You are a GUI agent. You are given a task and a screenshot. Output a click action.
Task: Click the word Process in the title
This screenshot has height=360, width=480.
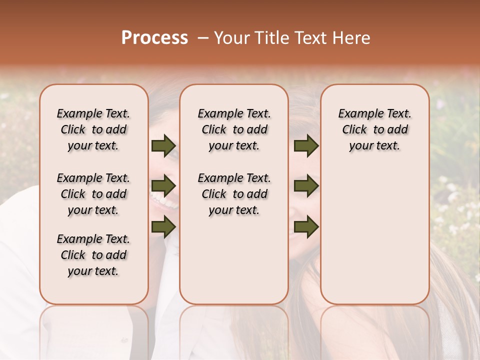154,38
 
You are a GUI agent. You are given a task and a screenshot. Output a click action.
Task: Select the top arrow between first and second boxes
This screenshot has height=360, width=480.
163,145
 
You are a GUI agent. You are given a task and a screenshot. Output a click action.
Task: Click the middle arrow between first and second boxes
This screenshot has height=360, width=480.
163,186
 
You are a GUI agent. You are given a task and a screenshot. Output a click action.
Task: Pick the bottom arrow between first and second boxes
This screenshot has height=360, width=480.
163,227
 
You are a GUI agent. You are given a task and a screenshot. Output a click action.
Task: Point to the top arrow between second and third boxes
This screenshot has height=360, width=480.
306,145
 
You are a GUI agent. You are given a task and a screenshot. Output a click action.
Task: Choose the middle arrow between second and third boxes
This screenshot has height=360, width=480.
306,186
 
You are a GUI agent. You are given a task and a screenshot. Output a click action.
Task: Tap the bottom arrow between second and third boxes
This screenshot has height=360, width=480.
306,227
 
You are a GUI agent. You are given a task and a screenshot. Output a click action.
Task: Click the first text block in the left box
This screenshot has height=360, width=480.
93,129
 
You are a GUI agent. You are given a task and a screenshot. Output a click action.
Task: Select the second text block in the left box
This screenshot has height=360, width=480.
93,194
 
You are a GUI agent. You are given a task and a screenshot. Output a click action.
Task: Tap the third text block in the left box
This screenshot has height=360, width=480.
93,255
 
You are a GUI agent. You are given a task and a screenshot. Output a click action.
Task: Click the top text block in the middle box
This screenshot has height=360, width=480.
234,129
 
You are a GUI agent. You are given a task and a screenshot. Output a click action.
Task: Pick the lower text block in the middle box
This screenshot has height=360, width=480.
234,194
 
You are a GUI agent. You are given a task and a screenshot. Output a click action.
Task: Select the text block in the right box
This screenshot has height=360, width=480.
374,129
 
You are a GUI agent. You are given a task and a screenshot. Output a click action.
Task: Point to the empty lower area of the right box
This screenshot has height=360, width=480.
374,240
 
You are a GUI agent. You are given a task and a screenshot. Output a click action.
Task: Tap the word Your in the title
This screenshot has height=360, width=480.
231,38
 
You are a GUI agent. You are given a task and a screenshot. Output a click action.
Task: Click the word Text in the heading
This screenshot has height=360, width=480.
311,38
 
